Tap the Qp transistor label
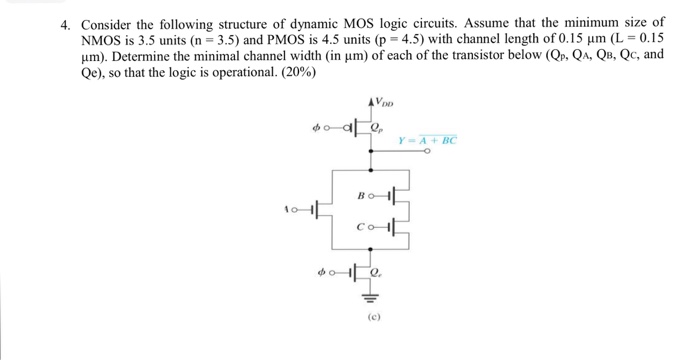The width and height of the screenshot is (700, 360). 376,127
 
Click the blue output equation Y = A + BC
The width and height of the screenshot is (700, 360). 427,141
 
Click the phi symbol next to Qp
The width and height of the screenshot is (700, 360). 318,127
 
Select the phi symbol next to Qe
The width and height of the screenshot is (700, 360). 318,269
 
